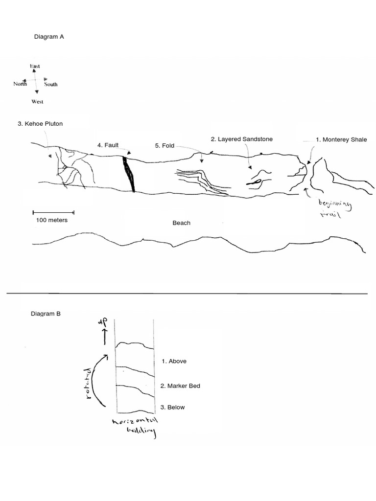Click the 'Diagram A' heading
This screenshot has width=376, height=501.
[48, 36]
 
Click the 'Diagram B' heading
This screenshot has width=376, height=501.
[46, 314]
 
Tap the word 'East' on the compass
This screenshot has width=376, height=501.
[35, 66]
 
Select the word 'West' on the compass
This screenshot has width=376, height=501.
[37, 102]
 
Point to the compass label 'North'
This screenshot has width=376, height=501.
[20, 84]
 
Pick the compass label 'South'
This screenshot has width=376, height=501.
[51, 84]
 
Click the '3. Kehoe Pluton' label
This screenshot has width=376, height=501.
[40, 124]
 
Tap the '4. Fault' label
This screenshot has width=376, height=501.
[108, 145]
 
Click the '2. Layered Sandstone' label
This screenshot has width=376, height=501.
[241, 139]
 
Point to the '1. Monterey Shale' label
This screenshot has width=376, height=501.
[341, 139]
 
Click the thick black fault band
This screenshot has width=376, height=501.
[129, 174]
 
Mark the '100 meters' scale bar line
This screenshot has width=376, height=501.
[53, 212]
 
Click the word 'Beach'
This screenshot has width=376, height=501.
[181, 223]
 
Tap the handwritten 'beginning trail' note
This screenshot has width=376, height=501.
[334, 209]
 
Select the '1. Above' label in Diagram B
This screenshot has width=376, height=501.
[174, 362]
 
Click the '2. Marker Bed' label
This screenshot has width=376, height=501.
[180, 386]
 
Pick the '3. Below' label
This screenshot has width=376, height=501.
[173, 407]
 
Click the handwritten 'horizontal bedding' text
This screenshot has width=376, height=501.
[134, 427]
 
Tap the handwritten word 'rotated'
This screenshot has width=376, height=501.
[89, 384]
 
